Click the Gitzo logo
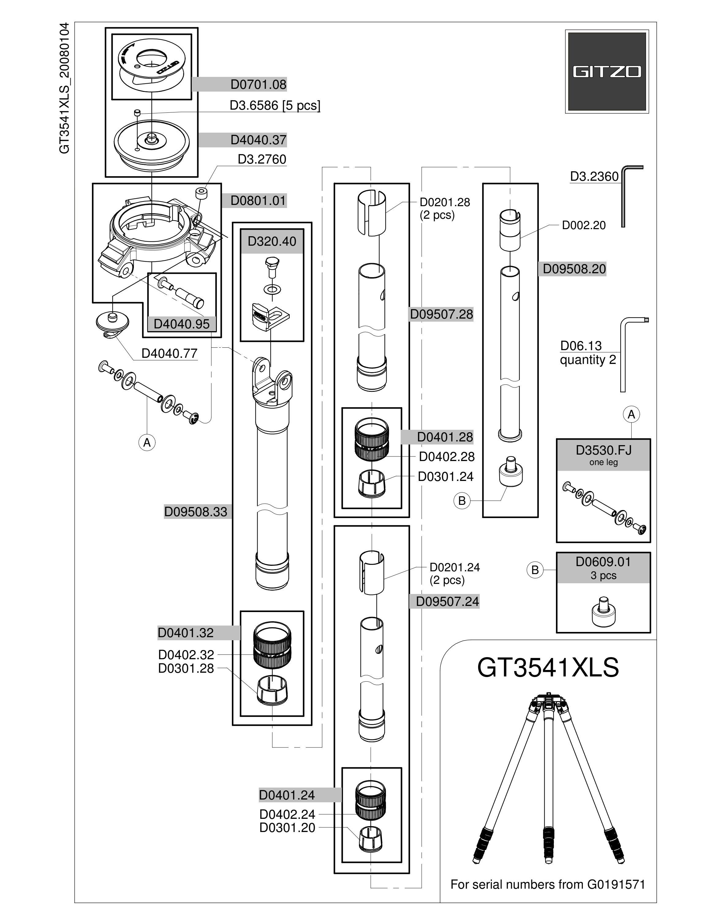click(x=606, y=72)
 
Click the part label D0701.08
click(x=258, y=85)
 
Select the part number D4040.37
click(x=258, y=140)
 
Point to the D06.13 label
click(x=581, y=346)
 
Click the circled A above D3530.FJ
click(x=631, y=414)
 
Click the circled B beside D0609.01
click(x=535, y=570)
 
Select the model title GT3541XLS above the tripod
click(x=548, y=668)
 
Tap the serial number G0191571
click(x=616, y=884)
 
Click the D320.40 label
click(x=272, y=241)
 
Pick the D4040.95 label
click(x=181, y=324)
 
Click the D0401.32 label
click(x=186, y=633)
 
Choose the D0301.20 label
click(x=287, y=828)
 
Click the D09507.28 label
click(x=442, y=314)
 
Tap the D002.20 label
click(x=584, y=225)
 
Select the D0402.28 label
click(x=447, y=456)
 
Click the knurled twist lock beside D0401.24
click(x=372, y=800)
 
